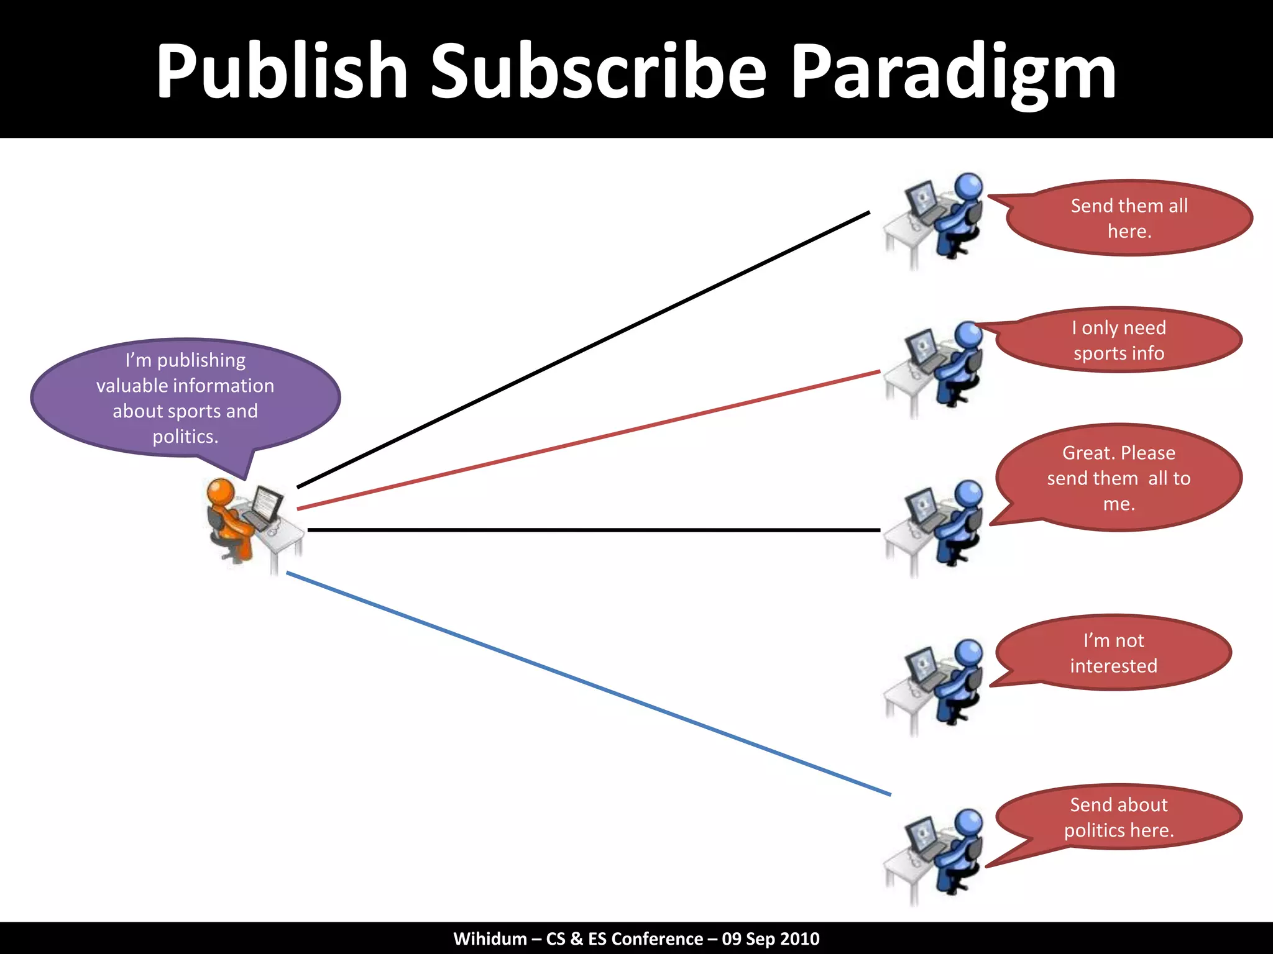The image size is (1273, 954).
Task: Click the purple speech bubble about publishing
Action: pyautogui.click(x=185, y=398)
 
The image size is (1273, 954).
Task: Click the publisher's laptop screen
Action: pyautogui.click(x=267, y=503)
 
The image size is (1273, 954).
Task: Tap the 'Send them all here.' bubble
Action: pyautogui.click(x=1129, y=218)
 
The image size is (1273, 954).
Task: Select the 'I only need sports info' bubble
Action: pyautogui.click(x=1119, y=340)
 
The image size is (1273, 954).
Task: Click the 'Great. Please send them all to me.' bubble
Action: pyautogui.click(x=1119, y=478)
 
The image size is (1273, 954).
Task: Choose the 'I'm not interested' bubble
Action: pyautogui.click(x=1113, y=653)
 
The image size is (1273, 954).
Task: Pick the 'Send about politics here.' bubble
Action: pyautogui.click(x=1119, y=817)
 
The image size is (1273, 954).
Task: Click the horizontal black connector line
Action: pyautogui.click(x=594, y=530)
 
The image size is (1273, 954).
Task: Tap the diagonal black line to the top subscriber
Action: pyautogui.click(x=583, y=350)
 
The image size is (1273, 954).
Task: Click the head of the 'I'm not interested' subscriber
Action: pyautogui.click(x=968, y=653)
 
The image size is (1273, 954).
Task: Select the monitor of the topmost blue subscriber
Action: pyautogui.click(x=921, y=198)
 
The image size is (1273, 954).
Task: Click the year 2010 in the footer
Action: pyautogui.click(x=799, y=938)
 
